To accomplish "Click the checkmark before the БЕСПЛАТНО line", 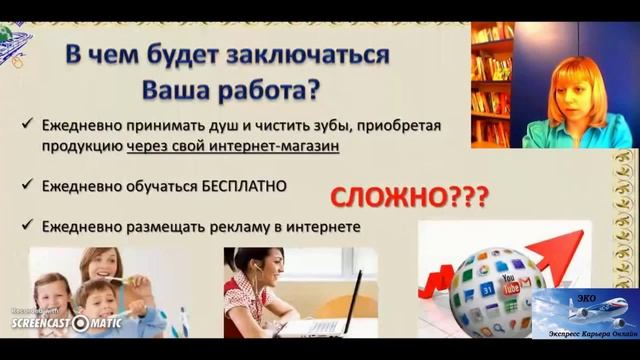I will [24, 186].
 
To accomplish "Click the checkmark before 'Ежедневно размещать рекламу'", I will [24, 227].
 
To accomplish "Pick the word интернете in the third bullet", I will [318, 227].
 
